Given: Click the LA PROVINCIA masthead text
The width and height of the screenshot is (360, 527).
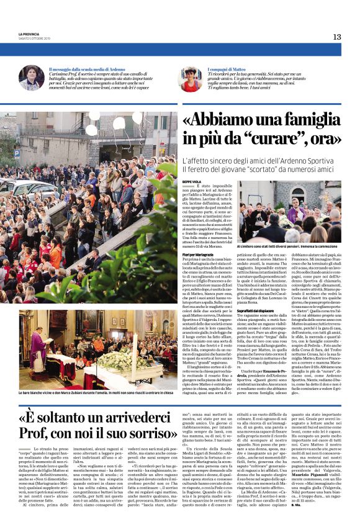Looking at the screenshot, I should [29, 34].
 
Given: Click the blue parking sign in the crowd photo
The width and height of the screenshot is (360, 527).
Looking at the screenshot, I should [16, 153].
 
